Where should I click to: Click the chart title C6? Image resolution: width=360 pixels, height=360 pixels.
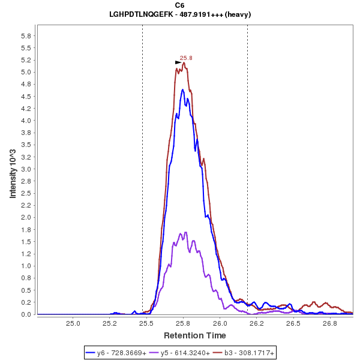(179, 5)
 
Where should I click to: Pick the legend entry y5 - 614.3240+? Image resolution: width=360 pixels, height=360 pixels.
(182, 353)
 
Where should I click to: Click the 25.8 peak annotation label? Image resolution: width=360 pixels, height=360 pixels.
(186, 58)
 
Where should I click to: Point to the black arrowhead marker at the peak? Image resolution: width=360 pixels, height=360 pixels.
(178, 62)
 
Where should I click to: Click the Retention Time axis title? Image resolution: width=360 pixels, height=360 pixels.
(195, 335)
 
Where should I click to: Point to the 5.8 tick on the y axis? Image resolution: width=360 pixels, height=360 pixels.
(26, 35)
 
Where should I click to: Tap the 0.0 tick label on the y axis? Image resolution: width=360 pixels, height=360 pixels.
(26, 314)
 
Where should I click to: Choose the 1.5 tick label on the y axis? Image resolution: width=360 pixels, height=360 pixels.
(26, 242)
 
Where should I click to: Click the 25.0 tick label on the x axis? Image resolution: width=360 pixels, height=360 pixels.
(73, 323)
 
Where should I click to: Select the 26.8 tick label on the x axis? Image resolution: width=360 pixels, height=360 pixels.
(329, 323)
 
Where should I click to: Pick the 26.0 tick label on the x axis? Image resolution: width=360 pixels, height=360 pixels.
(220, 323)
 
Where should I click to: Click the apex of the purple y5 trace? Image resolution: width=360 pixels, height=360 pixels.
(186, 232)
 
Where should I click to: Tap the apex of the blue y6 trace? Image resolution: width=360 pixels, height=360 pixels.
(182, 89)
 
